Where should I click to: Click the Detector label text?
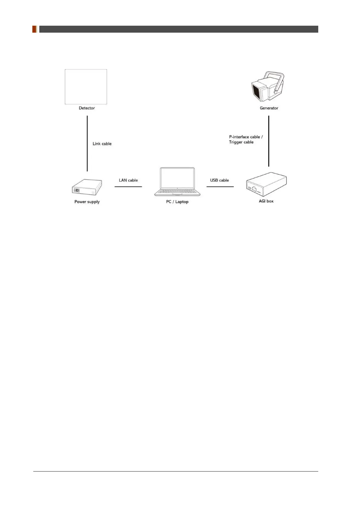coord(87,108)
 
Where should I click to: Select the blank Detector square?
coord(86,87)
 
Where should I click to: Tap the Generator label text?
coord(269,108)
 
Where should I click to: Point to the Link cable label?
coord(102,144)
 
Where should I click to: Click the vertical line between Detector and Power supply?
coord(87,143)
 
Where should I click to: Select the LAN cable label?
coord(128,180)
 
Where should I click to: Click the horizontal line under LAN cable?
coord(128,187)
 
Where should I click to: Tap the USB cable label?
coord(220,180)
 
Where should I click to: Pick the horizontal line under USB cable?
coord(220,187)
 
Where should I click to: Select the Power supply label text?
coord(87,202)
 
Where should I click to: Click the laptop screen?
coord(177,178)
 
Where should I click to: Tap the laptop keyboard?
coord(177,192)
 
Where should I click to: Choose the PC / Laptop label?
coord(177,202)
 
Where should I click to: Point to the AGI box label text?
coord(266,201)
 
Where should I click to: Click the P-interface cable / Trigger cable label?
coord(246,139)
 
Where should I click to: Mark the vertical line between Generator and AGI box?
coord(269,141)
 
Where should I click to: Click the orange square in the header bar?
coord(34,29)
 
